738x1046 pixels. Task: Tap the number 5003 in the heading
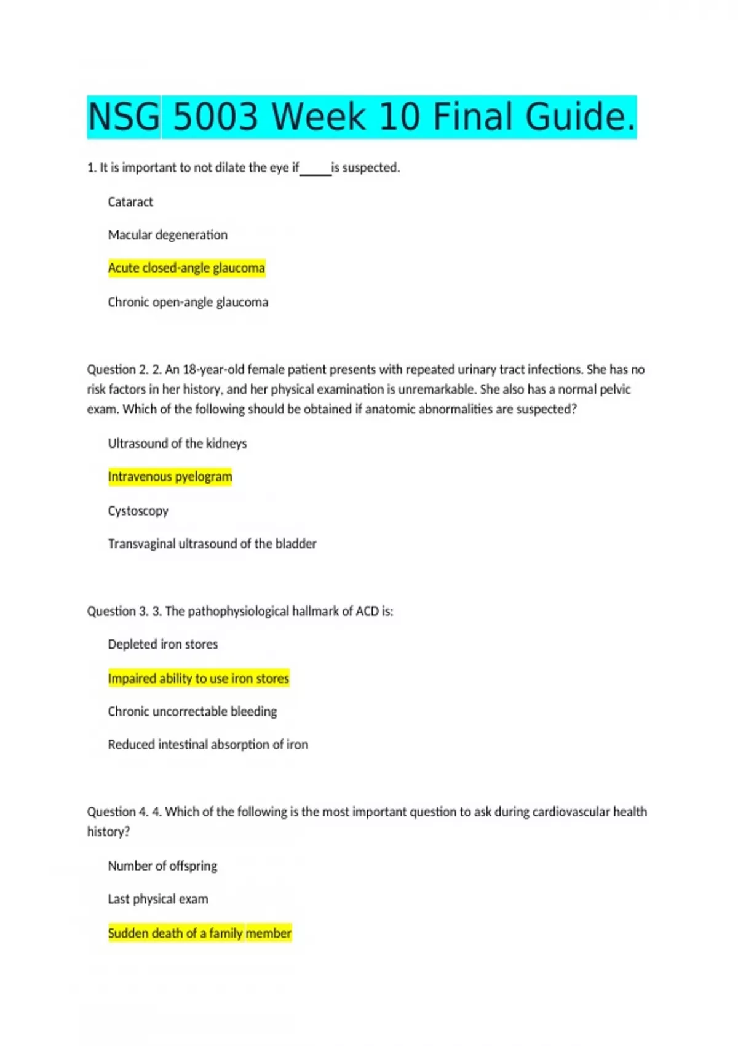coord(215,117)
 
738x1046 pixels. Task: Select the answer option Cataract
coord(130,202)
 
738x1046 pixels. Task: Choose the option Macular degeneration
coord(167,235)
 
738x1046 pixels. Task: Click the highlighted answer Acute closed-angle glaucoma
coord(186,268)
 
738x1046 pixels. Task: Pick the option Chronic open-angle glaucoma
coord(188,302)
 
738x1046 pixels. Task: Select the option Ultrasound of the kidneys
coord(177,444)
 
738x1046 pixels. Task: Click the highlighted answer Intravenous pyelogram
coord(170,477)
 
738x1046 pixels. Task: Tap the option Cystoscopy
coord(138,511)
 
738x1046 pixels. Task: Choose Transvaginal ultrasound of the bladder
coord(212,544)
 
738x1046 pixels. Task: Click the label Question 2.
coord(117,370)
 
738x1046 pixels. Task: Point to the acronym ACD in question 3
coord(367,611)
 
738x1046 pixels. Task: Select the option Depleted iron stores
coord(162,644)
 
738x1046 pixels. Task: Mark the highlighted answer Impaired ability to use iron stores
coord(198,678)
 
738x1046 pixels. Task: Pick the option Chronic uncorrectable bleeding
coord(192,711)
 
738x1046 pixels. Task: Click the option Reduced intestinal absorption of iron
coord(208,745)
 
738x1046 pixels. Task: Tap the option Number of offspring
coord(162,866)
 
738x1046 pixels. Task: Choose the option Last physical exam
coord(157,899)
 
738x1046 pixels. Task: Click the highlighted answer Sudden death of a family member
coord(199,933)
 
